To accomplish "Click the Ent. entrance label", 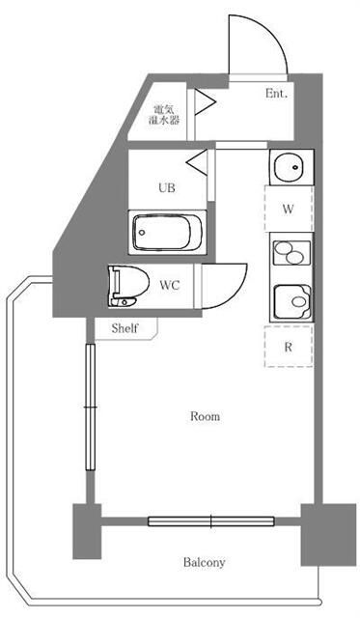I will coord(278,94).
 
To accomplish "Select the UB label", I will coord(167,189).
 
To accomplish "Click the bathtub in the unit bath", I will coord(166,232).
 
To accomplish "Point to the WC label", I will coord(170,285).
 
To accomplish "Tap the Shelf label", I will coord(125,328).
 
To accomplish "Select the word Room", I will coord(205,417).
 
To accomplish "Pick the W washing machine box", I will coord(289,209).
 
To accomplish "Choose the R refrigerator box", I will coord(289,346).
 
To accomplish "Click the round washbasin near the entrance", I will coord(289,169).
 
